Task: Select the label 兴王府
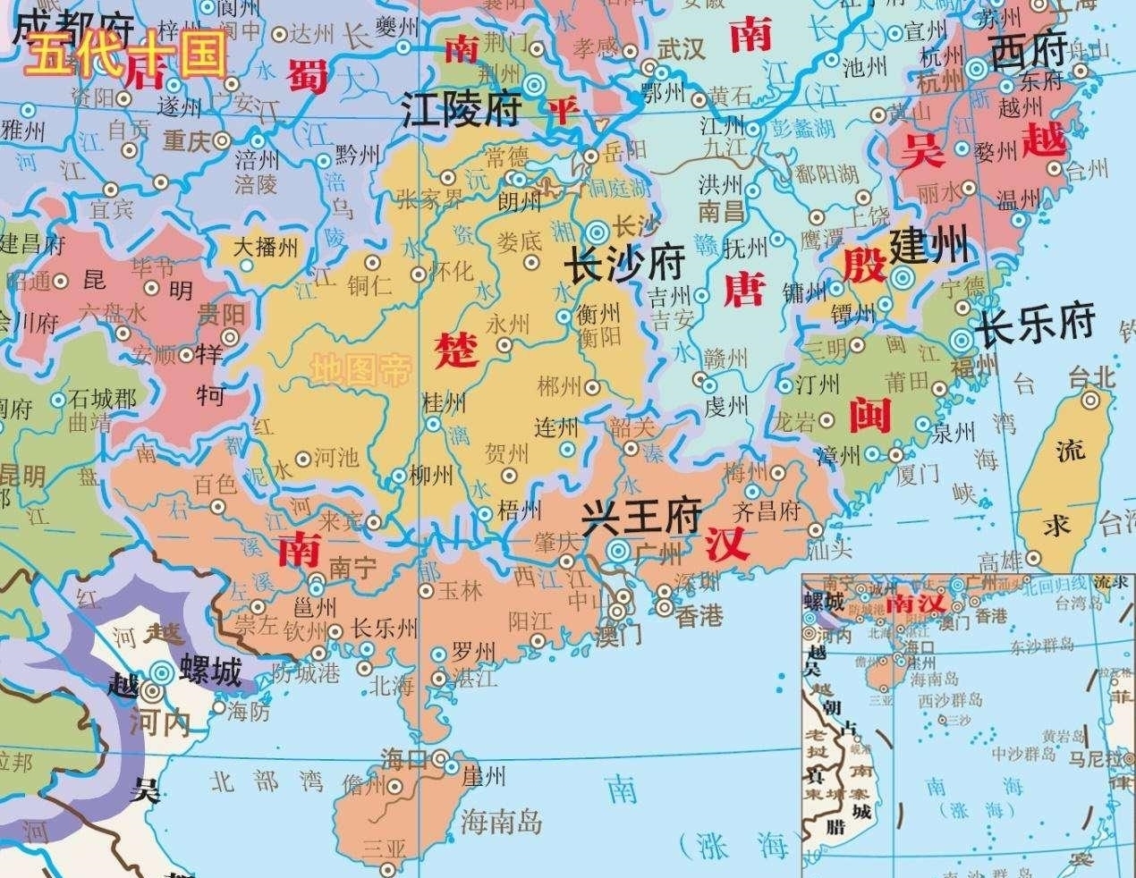[640, 519]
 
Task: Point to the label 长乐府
[1036, 328]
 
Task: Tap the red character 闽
[866, 413]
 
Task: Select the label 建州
[930, 244]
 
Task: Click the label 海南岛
[501, 820]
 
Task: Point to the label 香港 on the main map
[699, 616]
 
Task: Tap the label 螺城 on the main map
[211, 671]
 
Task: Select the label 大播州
[266, 246]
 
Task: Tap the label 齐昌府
[766, 511]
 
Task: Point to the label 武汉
[681, 49]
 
